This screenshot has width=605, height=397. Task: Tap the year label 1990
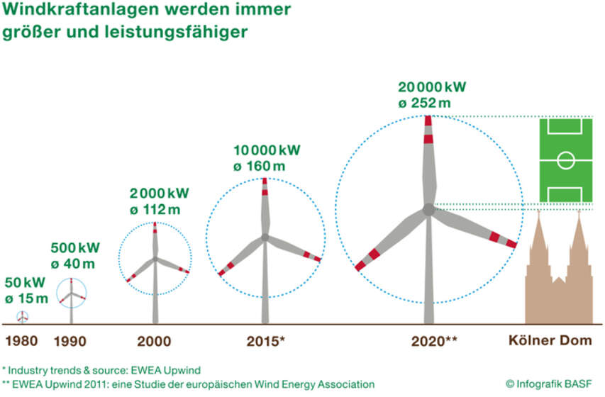tap(71, 341)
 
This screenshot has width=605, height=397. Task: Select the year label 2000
tap(154, 341)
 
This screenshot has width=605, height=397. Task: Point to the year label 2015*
tap(265, 341)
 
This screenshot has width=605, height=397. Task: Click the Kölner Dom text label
tap(550, 341)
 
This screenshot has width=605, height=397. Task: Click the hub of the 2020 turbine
tap(428, 209)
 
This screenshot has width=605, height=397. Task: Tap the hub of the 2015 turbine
tap(265, 236)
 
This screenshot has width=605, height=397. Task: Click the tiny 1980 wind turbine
tap(23, 317)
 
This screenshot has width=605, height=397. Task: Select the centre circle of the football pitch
tap(566, 160)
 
